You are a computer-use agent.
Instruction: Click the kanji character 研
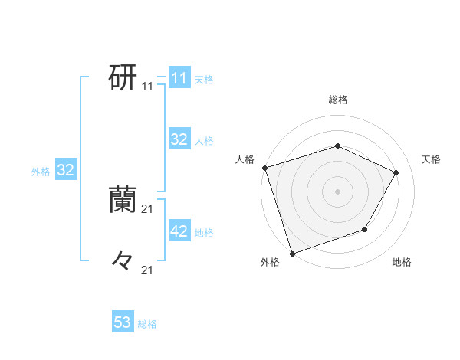coord(123,77)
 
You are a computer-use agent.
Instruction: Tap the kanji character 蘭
coord(123,199)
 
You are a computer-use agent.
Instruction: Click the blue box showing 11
coord(179,78)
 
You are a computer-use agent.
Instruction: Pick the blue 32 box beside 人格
coord(179,139)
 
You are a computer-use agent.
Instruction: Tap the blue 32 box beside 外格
coord(66,170)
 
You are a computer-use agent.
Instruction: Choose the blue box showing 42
coord(179,231)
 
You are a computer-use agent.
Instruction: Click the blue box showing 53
coord(123,322)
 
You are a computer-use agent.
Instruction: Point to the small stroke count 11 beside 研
coord(148,87)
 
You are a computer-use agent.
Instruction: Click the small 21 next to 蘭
coord(148,208)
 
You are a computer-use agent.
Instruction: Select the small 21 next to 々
coord(148,270)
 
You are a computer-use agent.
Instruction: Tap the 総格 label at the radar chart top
coord(337,100)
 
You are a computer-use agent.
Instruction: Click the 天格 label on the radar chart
coord(431,159)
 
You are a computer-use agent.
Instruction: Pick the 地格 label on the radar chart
coord(402,263)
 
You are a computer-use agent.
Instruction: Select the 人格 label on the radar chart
coord(245,159)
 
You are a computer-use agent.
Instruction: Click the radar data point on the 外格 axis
coord(292,253)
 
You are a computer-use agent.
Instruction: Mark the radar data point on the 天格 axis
coord(396,172)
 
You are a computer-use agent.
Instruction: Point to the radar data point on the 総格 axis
coord(337,146)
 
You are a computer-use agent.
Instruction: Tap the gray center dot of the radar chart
coord(337,191)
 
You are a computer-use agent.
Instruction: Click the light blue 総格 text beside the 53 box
coord(147,324)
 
